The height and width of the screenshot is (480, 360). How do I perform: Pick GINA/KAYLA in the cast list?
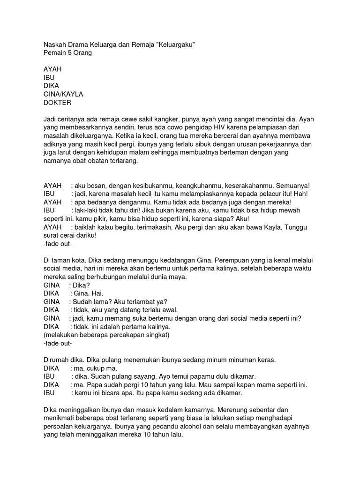(63, 94)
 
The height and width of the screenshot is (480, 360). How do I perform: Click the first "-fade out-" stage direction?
(57, 244)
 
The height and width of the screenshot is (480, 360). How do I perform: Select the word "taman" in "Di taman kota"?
(62, 260)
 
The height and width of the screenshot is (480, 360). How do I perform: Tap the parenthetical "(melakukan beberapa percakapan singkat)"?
(106, 335)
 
